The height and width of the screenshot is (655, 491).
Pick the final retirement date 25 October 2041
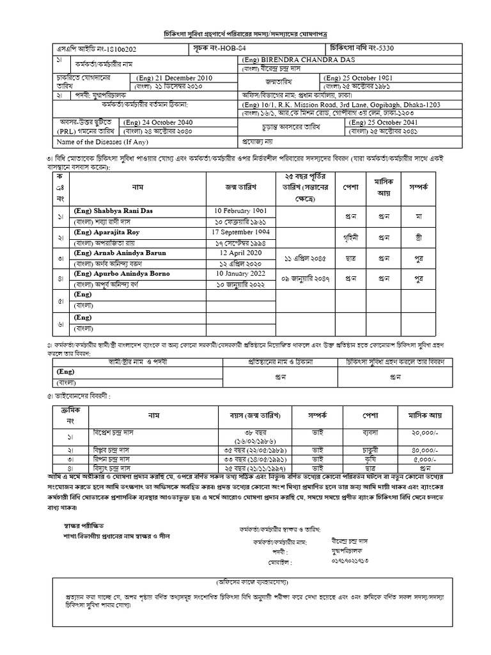click(x=390, y=122)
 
